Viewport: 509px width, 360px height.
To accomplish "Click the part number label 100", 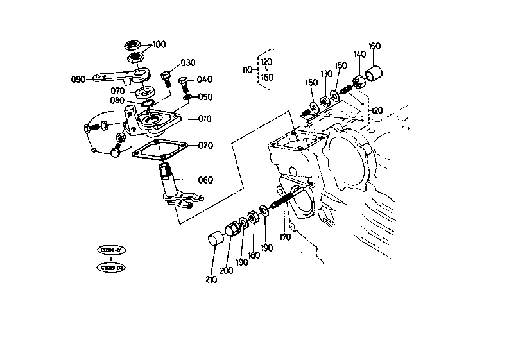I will (x=159, y=44).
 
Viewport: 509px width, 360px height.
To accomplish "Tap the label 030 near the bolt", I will (x=187, y=63).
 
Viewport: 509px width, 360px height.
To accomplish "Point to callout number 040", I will (x=205, y=80).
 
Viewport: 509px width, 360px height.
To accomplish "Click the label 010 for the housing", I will (x=205, y=119).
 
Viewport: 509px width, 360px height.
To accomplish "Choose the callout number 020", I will (x=205, y=146).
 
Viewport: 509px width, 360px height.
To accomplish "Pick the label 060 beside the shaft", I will (x=205, y=180).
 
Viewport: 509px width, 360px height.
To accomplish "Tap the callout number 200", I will (x=226, y=271).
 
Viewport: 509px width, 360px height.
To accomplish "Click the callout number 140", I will (x=359, y=55).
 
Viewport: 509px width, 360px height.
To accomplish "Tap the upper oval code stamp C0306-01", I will (x=111, y=250).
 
